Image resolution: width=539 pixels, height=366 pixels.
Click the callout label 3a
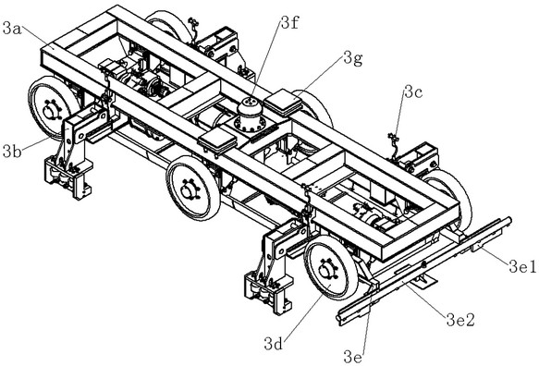tap(12, 29)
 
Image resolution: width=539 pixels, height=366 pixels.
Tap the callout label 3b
tap(12, 152)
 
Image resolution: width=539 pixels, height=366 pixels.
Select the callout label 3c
tap(413, 92)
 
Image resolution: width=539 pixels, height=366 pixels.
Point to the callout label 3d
tap(274, 343)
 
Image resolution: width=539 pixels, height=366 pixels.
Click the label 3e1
tap(522, 266)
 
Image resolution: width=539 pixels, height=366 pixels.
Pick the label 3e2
tap(460, 320)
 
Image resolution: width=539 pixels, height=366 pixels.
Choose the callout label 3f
tap(289, 23)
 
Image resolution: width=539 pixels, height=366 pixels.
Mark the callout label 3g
tap(353, 59)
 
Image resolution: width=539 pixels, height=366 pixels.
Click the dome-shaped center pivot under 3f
tap(250, 116)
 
